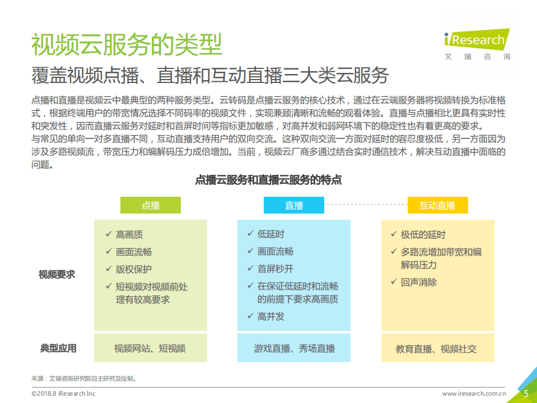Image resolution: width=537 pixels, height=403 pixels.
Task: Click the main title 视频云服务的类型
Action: (127, 45)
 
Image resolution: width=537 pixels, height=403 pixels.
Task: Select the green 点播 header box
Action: (151, 205)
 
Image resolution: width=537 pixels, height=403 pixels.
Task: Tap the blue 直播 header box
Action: (294, 205)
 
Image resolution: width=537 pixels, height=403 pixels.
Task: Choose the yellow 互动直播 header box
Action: (437, 205)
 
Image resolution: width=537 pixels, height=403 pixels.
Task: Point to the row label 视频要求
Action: (57, 274)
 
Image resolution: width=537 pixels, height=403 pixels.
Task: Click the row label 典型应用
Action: (58, 348)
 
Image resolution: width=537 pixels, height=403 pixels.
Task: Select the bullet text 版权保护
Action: (134, 269)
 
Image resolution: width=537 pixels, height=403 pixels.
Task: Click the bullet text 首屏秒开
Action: (275, 268)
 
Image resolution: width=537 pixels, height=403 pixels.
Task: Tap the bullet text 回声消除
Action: (419, 282)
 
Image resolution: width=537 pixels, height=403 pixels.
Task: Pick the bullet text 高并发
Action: (271, 316)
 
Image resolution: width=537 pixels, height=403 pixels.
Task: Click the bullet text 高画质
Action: (129, 235)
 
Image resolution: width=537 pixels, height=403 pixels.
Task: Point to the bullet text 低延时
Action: (271, 234)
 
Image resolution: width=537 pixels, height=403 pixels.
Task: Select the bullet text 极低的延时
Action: (423, 234)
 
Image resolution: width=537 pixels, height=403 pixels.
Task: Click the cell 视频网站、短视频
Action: (150, 348)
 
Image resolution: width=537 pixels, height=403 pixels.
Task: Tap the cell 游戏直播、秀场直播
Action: (295, 348)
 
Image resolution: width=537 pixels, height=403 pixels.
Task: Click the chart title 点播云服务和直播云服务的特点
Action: (268, 180)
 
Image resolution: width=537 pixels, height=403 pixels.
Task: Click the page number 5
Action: (526, 393)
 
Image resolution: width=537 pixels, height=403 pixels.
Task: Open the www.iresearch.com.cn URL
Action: (474, 393)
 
